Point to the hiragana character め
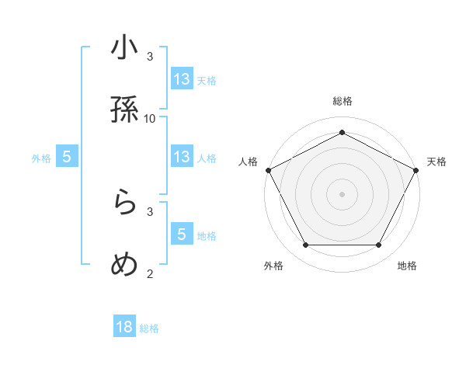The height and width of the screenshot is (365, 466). [x=125, y=264]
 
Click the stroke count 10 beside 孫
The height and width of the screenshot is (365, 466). [x=150, y=118]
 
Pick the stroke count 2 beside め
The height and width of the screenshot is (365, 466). [x=150, y=273]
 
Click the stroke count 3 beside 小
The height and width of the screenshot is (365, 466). [x=150, y=56]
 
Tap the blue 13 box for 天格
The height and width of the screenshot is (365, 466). [x=182, y=79]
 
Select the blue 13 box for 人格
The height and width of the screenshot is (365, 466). [x=182, y=157]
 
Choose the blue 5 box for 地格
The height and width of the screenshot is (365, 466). [x=182, y=235]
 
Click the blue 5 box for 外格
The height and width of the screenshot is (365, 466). [x=67, y=157]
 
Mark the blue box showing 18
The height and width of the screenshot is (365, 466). [x=124, y=327]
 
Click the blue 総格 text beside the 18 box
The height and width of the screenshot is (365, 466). [x=149, y=328]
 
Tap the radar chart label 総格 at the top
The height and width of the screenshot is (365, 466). [x=343, y=101]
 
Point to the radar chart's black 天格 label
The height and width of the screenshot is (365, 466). [x=436, y=162]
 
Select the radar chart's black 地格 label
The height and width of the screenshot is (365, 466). [x=407, y=266]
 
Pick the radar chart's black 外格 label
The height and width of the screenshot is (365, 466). [x=273, y=266]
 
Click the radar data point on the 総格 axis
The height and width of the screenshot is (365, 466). [x=342, y=132]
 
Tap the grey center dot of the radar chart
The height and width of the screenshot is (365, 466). [x=342, y=193]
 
